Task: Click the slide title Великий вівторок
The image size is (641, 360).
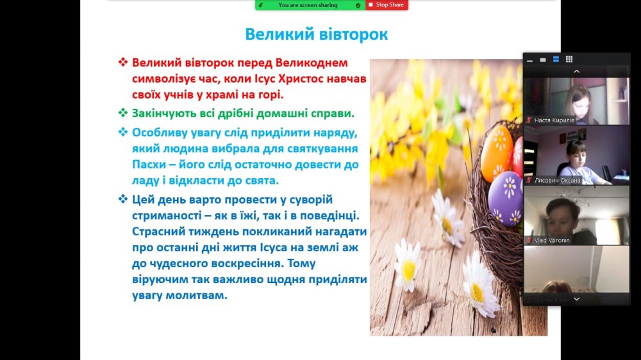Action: pos(317,35)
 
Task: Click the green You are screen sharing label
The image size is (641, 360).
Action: pos(308,5)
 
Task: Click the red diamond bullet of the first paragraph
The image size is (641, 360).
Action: pos(123,63)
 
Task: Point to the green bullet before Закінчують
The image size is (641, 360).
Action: pos(123,113)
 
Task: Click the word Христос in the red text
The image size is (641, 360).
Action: pos(311,78)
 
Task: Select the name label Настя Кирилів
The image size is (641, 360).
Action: pos(554,120)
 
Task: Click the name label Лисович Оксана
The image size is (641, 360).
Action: pos(557,180)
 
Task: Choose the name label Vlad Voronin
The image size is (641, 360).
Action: pos(552,240)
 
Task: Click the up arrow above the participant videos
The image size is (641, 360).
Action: pos(576,72)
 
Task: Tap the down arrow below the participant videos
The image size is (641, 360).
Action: pos(576,299)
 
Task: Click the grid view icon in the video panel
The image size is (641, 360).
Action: pos(569,59)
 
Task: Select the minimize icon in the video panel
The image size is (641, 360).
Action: pos(530,60)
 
